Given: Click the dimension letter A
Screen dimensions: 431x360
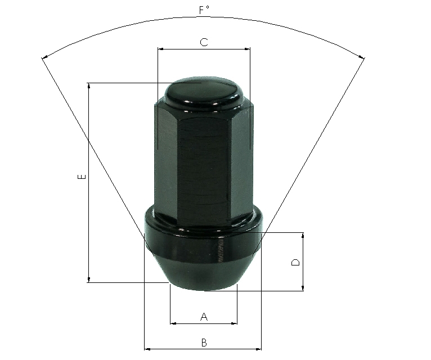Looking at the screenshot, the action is (204, 317).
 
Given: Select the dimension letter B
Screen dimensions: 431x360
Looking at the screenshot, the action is (204, 343).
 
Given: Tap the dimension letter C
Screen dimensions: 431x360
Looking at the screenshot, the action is (204, 42).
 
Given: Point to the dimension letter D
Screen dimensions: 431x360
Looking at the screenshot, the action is (295, 262).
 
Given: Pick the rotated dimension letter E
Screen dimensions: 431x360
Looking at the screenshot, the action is (82, 177).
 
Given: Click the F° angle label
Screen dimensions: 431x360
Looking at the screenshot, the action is (204, 10).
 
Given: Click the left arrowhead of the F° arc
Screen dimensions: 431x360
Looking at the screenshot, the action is (45, 57).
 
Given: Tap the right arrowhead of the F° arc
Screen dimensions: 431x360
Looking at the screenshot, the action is (361, 57).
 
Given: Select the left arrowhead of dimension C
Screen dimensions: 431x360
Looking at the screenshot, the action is (161, 49).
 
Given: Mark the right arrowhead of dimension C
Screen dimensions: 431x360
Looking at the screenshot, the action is (247, 49).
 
